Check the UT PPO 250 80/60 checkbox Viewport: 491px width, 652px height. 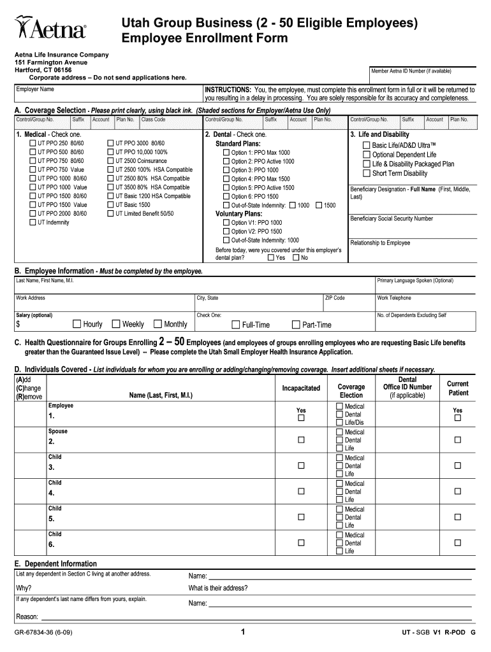tap(33, 144)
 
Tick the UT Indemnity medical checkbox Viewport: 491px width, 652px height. tap(33, 223)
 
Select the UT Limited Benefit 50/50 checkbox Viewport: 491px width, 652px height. tap(110, 214)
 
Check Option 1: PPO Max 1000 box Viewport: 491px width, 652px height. tap(226, 153)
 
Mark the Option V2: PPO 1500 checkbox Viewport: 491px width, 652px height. tap(226, 232)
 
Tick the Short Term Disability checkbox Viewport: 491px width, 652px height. tap(366, 174)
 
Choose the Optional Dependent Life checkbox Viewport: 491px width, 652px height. tap(366, 155)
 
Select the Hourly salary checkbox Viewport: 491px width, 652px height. tap(77, 324)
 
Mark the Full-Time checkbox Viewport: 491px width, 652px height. tap(235, 325)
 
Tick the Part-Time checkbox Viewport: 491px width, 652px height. tap(295, 325)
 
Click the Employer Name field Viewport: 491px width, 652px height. tap(108, 94)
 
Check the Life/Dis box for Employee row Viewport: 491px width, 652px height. tap(339, 423)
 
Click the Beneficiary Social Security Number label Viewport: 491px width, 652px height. tap(392, 219)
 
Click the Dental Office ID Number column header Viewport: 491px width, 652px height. tap(407, 387)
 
